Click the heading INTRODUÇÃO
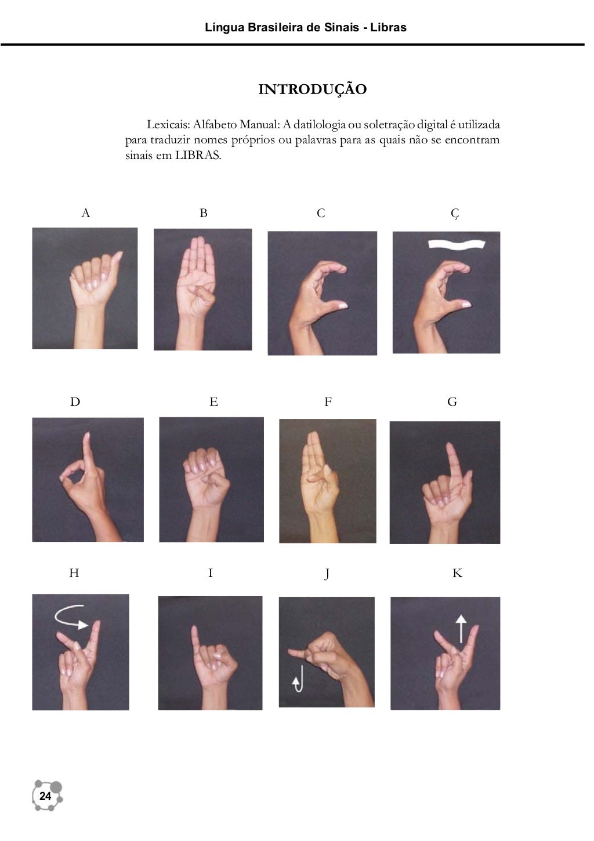tap(312, 89)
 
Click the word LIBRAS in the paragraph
tap(198, 156)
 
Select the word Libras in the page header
tap(389, 27)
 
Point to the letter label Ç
tap(455, 214)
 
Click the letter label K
tap(457, 573)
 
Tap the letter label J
tap(327, 574)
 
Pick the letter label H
tap(74, 573)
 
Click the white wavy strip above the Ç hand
tap(457, 244)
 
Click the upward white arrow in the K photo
tap(461, 629)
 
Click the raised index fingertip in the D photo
tap(87, 435)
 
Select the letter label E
tap(213, 402)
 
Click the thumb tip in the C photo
tap(343, 306)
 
